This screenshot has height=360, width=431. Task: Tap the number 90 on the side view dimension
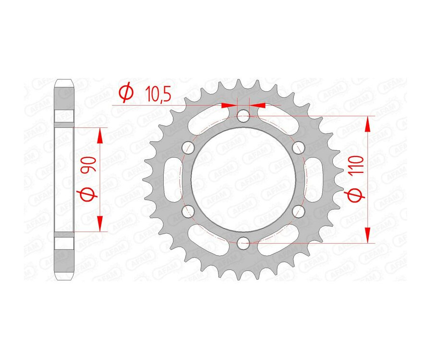point(90,164)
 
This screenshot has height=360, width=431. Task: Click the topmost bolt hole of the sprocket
point(243,115)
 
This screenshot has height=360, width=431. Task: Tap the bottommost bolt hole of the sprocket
point(243,242)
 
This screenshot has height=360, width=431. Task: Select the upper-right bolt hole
point(298,146)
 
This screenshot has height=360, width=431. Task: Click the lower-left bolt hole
point(188,210)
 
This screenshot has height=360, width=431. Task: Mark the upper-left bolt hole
point(188,146)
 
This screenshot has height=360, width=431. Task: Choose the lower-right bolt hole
point(298,210)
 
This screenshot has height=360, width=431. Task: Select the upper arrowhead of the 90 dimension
point(100,135)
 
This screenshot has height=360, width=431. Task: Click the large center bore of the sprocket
point(243,178)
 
